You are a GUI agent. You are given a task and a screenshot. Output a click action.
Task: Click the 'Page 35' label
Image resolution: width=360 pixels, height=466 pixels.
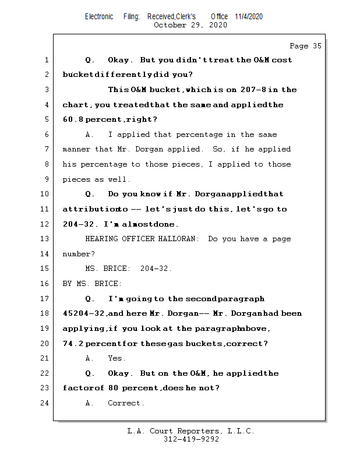point(305,46)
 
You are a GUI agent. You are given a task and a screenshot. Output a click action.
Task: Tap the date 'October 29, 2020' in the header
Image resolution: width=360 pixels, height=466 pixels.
point(190,25)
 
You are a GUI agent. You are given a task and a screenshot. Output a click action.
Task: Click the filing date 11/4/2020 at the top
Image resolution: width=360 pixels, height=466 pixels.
point(249,16)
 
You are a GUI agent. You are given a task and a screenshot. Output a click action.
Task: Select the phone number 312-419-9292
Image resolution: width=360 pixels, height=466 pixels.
point(191,439)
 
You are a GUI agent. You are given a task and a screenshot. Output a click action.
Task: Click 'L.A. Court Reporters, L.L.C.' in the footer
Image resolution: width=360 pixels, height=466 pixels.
point(191,431)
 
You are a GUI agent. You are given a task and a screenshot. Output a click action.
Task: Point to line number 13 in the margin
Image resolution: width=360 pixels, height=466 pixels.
point(46,239)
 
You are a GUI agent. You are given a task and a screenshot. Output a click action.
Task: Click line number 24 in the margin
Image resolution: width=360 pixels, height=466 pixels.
point(46,403)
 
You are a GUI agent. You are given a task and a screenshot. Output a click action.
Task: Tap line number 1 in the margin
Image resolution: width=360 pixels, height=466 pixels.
point(46,60)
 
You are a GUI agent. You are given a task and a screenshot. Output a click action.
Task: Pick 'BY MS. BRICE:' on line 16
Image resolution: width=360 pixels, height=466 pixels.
point(92,284)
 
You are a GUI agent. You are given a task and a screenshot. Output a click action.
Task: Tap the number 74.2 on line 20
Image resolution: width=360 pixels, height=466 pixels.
point(73,343)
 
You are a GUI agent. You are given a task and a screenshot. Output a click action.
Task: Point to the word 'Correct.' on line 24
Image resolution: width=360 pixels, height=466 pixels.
point(126,403)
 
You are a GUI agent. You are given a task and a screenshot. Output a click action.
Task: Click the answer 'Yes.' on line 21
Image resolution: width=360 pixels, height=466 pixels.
point(117,358)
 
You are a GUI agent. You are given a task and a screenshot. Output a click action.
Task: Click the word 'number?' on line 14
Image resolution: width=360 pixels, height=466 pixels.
point(78,254)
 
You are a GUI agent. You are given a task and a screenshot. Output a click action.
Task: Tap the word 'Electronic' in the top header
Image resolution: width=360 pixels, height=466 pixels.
point(99,16)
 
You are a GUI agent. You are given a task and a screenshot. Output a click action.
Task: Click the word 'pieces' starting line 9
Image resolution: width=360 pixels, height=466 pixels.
point(76,179)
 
